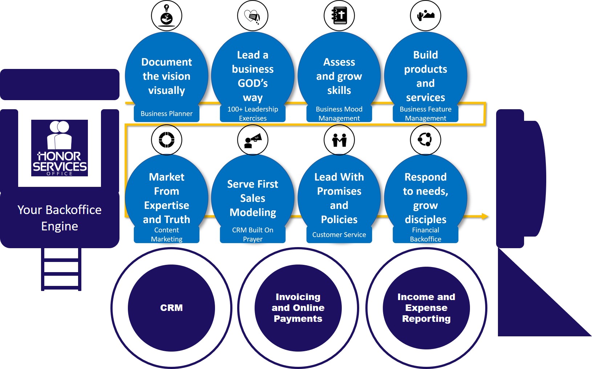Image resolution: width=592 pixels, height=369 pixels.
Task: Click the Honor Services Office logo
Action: click(x=60, y=148)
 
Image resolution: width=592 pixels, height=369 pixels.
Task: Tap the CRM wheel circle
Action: click(x=171, y=308)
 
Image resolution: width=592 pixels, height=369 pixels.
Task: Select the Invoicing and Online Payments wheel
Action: click(x=298, y=308)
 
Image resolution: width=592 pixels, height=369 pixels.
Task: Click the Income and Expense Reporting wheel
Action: click(x=426, y=308)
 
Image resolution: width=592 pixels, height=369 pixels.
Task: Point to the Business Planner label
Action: click(x=166, y=114)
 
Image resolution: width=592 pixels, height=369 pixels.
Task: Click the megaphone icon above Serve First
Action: click(x=253, y=140)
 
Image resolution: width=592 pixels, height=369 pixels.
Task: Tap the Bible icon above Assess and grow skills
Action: click(x=339, y=16)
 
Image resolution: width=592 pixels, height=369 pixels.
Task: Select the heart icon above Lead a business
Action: click(x=252, y=16)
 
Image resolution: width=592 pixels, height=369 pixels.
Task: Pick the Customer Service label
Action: click(x=339, y=235)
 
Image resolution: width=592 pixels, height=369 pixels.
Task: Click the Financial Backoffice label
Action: click(x=425, y=234)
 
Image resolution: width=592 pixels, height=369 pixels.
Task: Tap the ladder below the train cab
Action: click(x=61, y=269)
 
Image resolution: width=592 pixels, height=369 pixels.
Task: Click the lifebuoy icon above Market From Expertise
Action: click(x=166, y=140)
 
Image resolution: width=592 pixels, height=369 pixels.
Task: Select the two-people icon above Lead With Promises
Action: click(x=339, y=140)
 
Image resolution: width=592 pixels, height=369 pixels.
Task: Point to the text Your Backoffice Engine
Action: click(x=60, y=218)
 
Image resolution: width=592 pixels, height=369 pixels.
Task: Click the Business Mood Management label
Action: click(x=339, y=114)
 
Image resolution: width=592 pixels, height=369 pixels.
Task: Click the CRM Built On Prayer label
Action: click(x=252, y=234)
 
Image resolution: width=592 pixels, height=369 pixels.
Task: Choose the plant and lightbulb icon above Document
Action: click(x=166, y=16)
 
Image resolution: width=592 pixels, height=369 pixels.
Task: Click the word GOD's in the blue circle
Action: click(x=253, y=83)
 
